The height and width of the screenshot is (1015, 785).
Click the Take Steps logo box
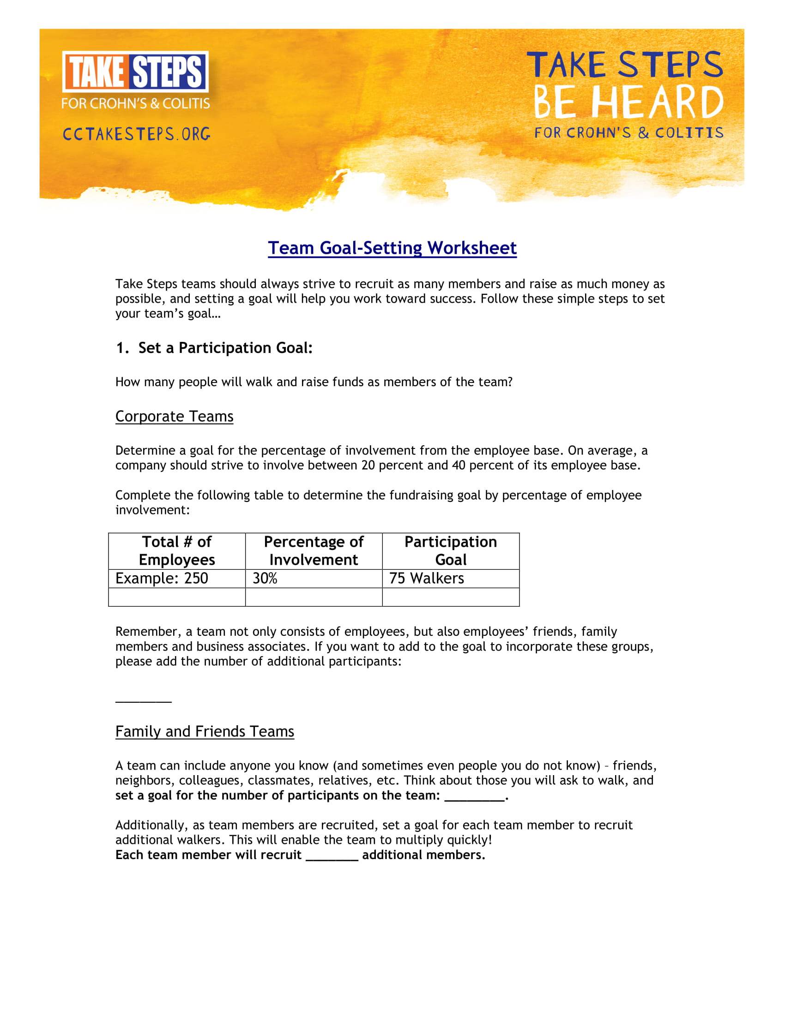pyautogui.click(x=135, y=72)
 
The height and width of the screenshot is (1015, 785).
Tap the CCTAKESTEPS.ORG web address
pyautogui.click(x=136, y=134)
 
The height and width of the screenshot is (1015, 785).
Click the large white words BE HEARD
pyautogui.click(x=628, y=102)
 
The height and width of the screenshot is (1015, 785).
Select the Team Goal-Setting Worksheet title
pyautogui.click(x=392, y=248)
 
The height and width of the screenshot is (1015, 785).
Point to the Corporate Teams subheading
pyautogui.click(x=175, y=416)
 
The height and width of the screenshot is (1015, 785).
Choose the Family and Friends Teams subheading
pyautogui.click(x=205, y=731)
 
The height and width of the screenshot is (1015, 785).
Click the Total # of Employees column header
pyautogui.click(x=177, y=551)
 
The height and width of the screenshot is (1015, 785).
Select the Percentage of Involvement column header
pyautogui.click(x=314, y=551)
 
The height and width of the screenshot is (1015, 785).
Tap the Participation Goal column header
pyautogui.click(x=451, y=551)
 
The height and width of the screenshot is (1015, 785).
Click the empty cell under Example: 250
pyautogui.click(x=177, y=597)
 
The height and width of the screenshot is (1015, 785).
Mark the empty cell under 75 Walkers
pyautogui.click(x=451, y=597)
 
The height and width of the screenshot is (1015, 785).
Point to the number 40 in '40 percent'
pyautogui.click(x=459, y=465)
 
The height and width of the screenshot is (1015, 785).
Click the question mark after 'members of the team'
pyautogui.click(x=510, y=382)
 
